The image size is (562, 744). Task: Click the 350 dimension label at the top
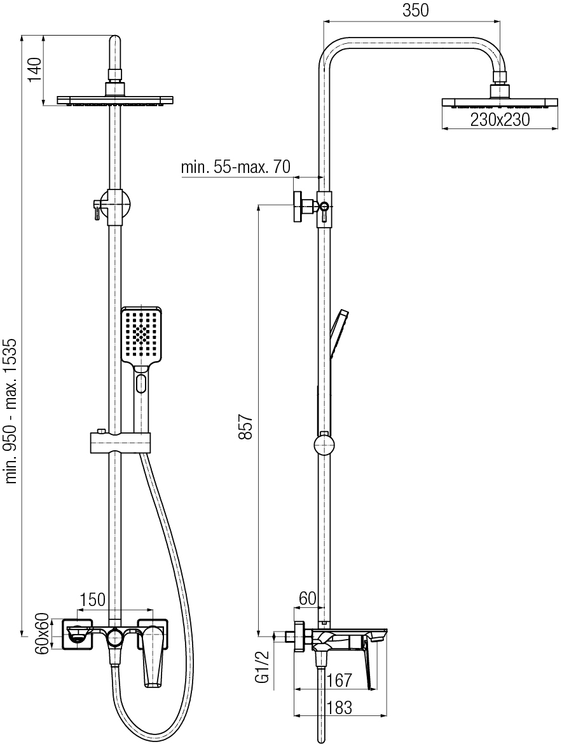[x=415, y=10]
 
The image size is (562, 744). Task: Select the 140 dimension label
[x=36, y=69]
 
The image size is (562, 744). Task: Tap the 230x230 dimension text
[x=500, y=119]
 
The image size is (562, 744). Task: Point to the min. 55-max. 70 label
[x=235, y=167]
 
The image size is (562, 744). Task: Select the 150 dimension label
[x=92, y=599]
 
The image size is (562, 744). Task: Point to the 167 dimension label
[x=339, y=680]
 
